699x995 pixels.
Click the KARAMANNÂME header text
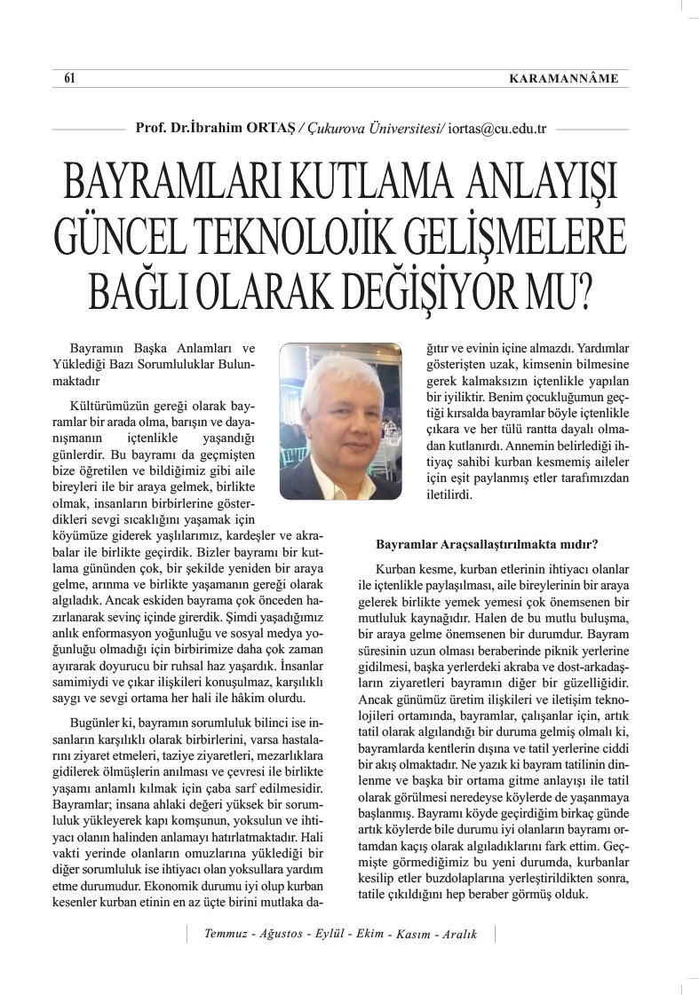point(562,79)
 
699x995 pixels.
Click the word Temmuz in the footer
point(227,934)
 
